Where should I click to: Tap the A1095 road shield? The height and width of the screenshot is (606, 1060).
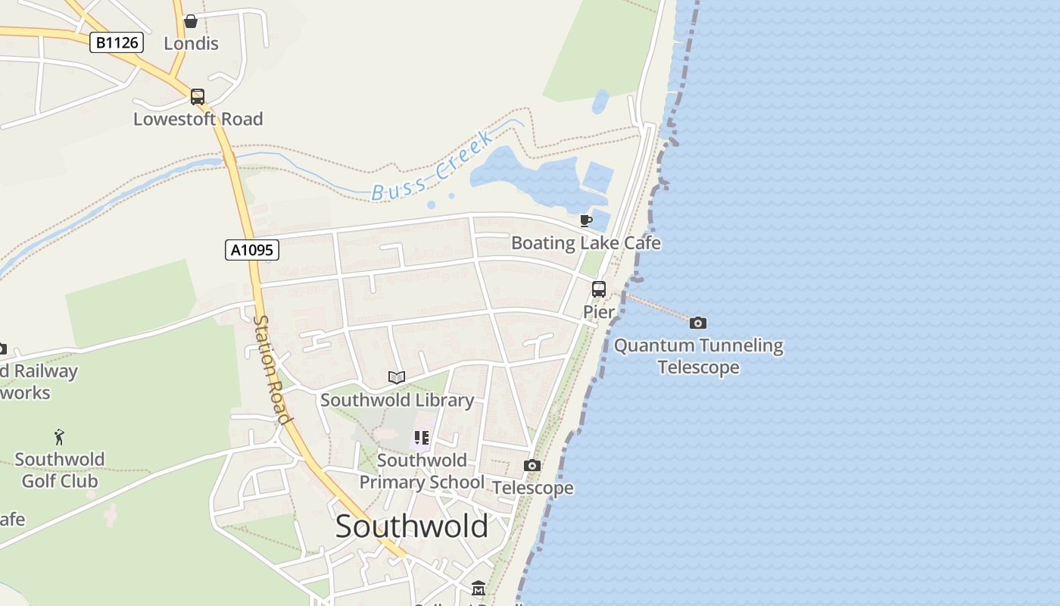252,250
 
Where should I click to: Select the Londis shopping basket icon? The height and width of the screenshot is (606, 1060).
191,21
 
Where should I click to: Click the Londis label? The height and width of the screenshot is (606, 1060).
191,44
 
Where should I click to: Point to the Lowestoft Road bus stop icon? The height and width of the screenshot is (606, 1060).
198,97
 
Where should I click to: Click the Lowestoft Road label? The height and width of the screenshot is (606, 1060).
198,119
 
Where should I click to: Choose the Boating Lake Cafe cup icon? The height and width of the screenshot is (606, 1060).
585,221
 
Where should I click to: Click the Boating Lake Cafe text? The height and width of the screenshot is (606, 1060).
585,243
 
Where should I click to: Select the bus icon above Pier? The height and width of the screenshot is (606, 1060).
598,289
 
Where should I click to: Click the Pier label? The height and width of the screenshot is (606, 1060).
598,311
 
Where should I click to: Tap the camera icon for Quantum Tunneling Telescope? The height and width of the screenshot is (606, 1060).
698,323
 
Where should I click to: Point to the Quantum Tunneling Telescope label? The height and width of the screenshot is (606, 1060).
698,356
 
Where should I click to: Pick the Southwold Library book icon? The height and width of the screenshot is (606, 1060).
397,377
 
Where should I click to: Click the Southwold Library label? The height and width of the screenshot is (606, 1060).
397,400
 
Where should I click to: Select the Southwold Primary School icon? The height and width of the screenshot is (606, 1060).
422,438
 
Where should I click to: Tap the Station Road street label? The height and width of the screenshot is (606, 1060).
271,370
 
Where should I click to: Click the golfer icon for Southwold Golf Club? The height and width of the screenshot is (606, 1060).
59,437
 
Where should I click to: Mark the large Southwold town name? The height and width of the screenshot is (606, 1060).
411,526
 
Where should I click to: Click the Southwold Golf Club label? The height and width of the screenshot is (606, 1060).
59,470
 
